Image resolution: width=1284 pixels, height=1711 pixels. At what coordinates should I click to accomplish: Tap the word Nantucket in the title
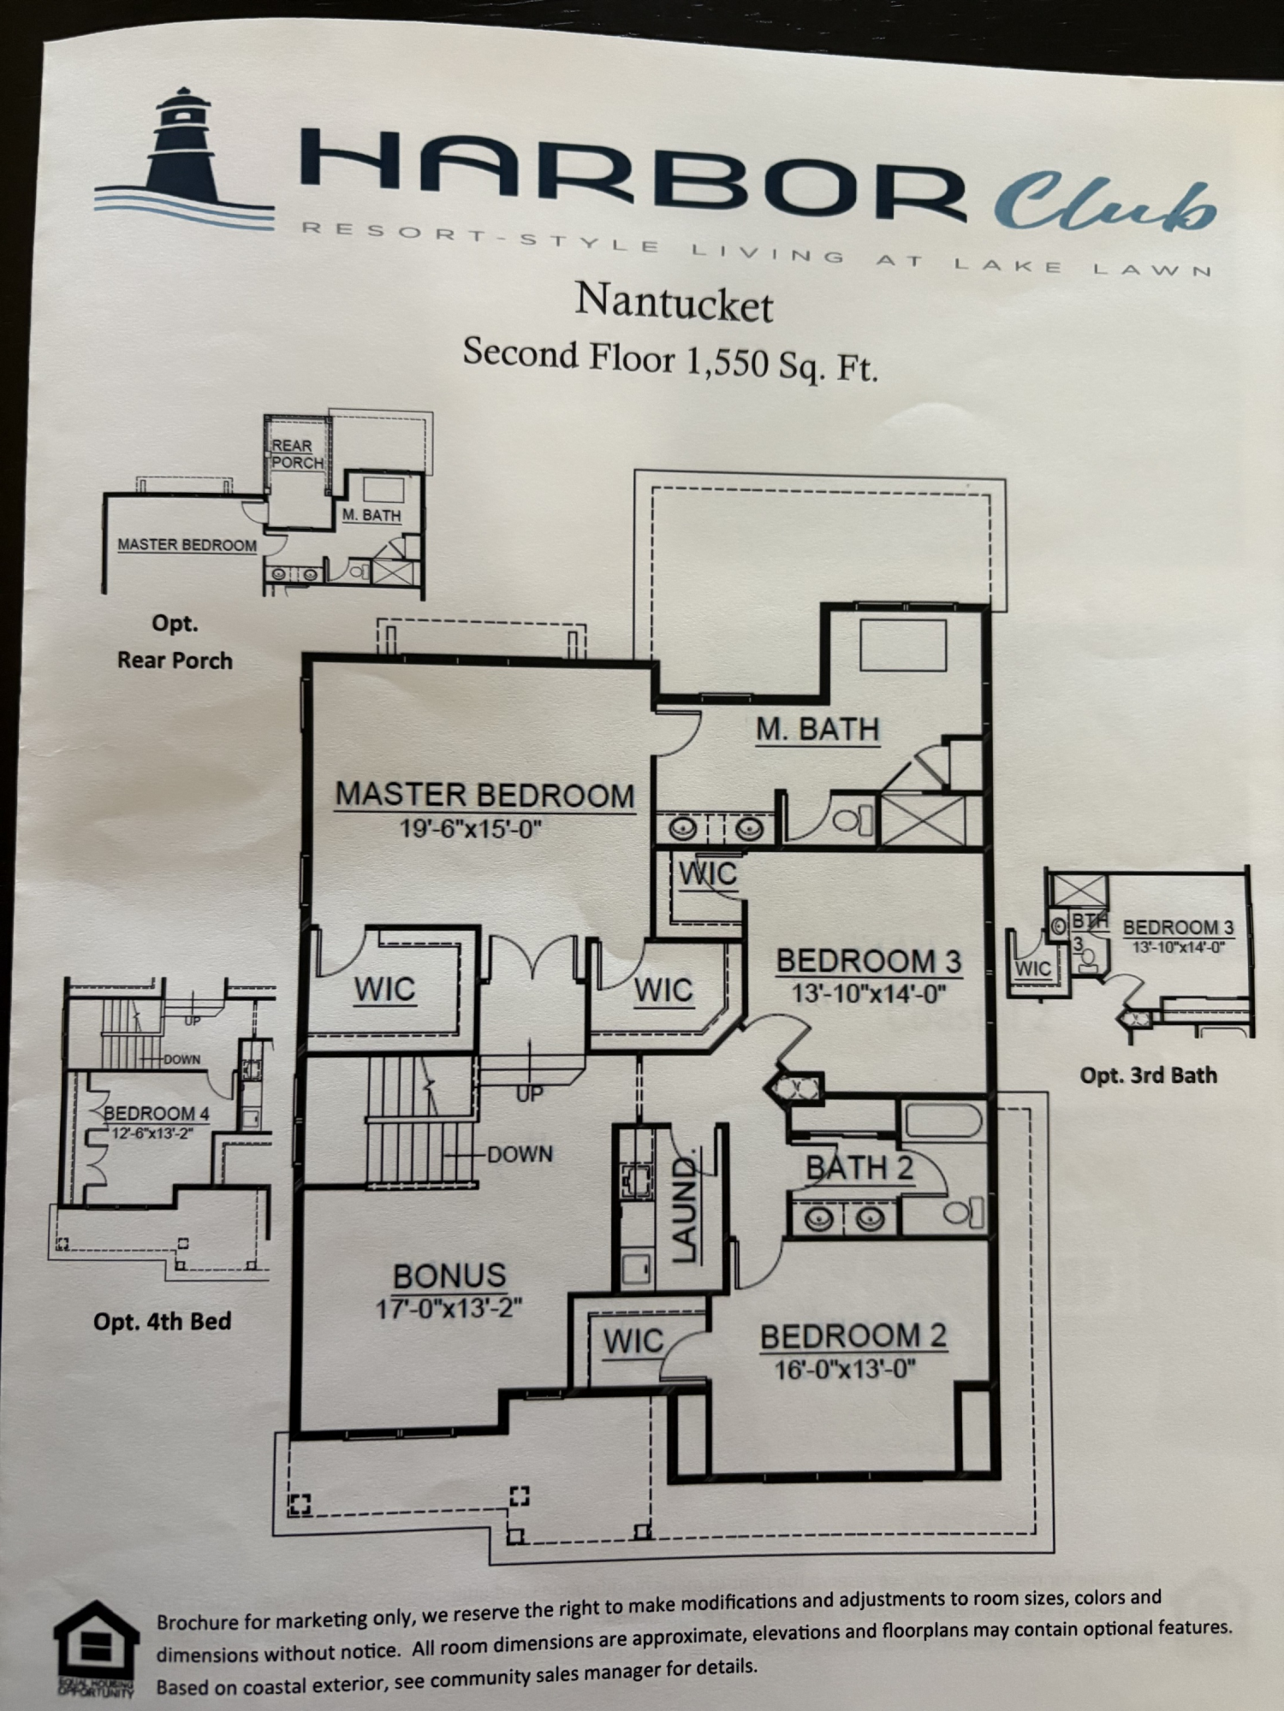tap(674, 303)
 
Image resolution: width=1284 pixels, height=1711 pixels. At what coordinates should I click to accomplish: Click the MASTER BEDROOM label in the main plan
tap(484, 795)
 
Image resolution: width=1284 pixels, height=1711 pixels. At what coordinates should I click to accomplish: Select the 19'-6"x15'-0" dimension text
tap(471, 829)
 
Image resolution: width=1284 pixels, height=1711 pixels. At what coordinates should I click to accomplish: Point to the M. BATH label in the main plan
tap(817, 730)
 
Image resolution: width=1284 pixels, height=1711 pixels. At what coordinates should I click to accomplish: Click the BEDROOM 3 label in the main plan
tap(868, 961)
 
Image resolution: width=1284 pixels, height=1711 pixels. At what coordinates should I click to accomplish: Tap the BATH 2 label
tap(859, 1168)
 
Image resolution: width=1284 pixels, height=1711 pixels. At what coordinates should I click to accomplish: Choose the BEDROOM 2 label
tap(853, 1336)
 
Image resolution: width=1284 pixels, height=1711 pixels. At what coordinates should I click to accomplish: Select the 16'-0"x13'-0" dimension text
tap(845, 1370)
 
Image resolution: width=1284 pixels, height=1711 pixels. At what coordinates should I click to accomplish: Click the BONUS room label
tap(449, 1276)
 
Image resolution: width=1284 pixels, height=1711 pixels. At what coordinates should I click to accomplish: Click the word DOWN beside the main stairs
tap(520, 1154)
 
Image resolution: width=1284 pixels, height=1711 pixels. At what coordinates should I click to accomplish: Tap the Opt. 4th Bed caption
tap(162, 1322)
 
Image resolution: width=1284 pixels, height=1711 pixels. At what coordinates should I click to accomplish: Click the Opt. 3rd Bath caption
tap(1148, 1075)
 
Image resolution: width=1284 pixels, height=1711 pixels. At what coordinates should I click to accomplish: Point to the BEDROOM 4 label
tap(156, 1114)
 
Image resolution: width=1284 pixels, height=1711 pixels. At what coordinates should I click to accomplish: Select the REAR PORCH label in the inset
tap(297, 454)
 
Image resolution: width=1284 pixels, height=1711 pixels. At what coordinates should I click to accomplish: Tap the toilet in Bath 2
tap(963, 1212)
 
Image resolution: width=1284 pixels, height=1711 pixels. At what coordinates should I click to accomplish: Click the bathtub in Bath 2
tap(942, 1120)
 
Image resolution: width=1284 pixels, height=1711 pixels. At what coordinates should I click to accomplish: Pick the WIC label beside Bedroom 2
tap(633, 1341)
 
